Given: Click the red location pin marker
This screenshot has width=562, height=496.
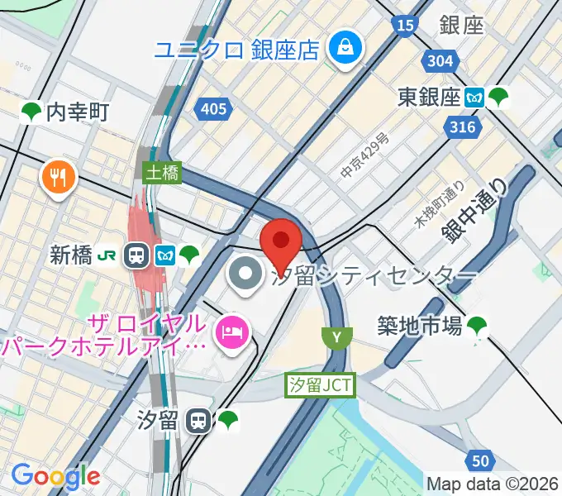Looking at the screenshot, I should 280,241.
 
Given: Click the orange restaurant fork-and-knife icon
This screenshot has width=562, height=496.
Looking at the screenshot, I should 58,175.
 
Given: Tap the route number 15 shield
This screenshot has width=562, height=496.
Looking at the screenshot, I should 404,26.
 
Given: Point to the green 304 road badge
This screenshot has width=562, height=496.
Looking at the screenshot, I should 441,60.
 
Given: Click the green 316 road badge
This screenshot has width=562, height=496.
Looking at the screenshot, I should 463,126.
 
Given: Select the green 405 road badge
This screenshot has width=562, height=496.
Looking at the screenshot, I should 213,108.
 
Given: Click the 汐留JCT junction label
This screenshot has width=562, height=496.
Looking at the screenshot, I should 321,384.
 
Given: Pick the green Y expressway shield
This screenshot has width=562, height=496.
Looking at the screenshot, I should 336,336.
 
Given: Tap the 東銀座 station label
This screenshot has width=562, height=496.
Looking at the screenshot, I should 427,98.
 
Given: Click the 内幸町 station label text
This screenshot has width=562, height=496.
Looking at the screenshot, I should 78,111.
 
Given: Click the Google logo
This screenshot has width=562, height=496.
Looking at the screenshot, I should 55,475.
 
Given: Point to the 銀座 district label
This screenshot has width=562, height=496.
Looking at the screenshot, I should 462,26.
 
